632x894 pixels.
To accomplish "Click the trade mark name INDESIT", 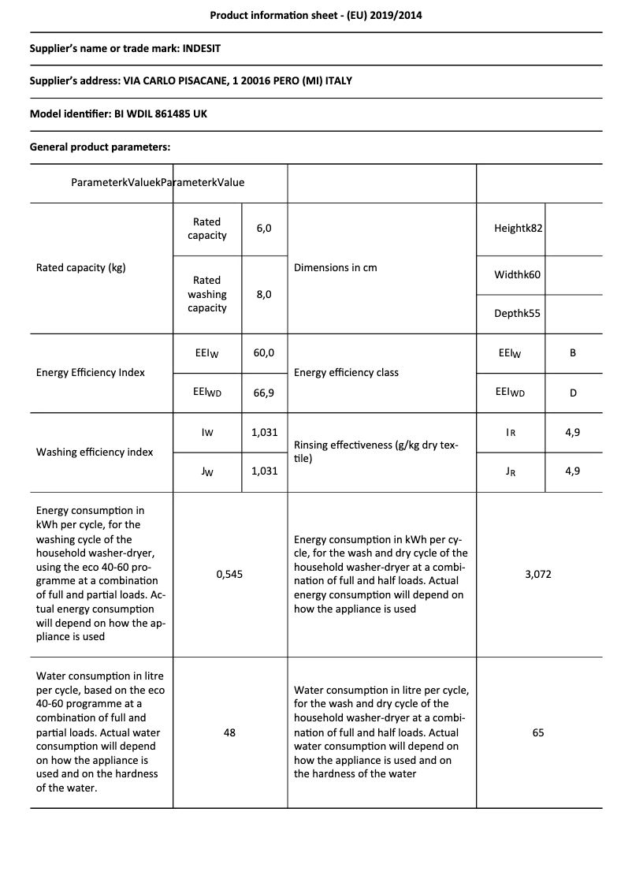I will [x=202, y=48].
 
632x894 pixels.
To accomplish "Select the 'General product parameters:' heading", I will [x=100, y=147].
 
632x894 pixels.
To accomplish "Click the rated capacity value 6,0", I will [x=264, y=228].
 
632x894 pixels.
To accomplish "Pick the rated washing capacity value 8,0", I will [x=264, y=294].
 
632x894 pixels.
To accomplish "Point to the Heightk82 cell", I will [x=519, y=228].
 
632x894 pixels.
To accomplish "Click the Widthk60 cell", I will [x=517, y=275].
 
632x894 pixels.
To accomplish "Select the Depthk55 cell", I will [x=517, y=313].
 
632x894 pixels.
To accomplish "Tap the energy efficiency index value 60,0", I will [x=264, y=352].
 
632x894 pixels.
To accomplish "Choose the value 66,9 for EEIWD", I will [x=264, y=392].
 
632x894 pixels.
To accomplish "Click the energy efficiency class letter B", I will [x=573, y=352].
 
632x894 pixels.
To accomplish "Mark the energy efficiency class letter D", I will [x=573, y=392].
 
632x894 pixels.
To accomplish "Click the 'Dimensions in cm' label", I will [x=335, y=267].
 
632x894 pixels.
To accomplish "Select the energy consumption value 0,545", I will [x=229, y=574].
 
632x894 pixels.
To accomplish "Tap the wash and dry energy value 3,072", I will [x=538, y=574].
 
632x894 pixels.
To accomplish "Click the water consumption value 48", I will [x=229, y=732].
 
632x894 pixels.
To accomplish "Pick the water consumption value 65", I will [x=538, y=732].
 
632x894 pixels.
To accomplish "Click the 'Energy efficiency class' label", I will [x=346, y=372].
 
